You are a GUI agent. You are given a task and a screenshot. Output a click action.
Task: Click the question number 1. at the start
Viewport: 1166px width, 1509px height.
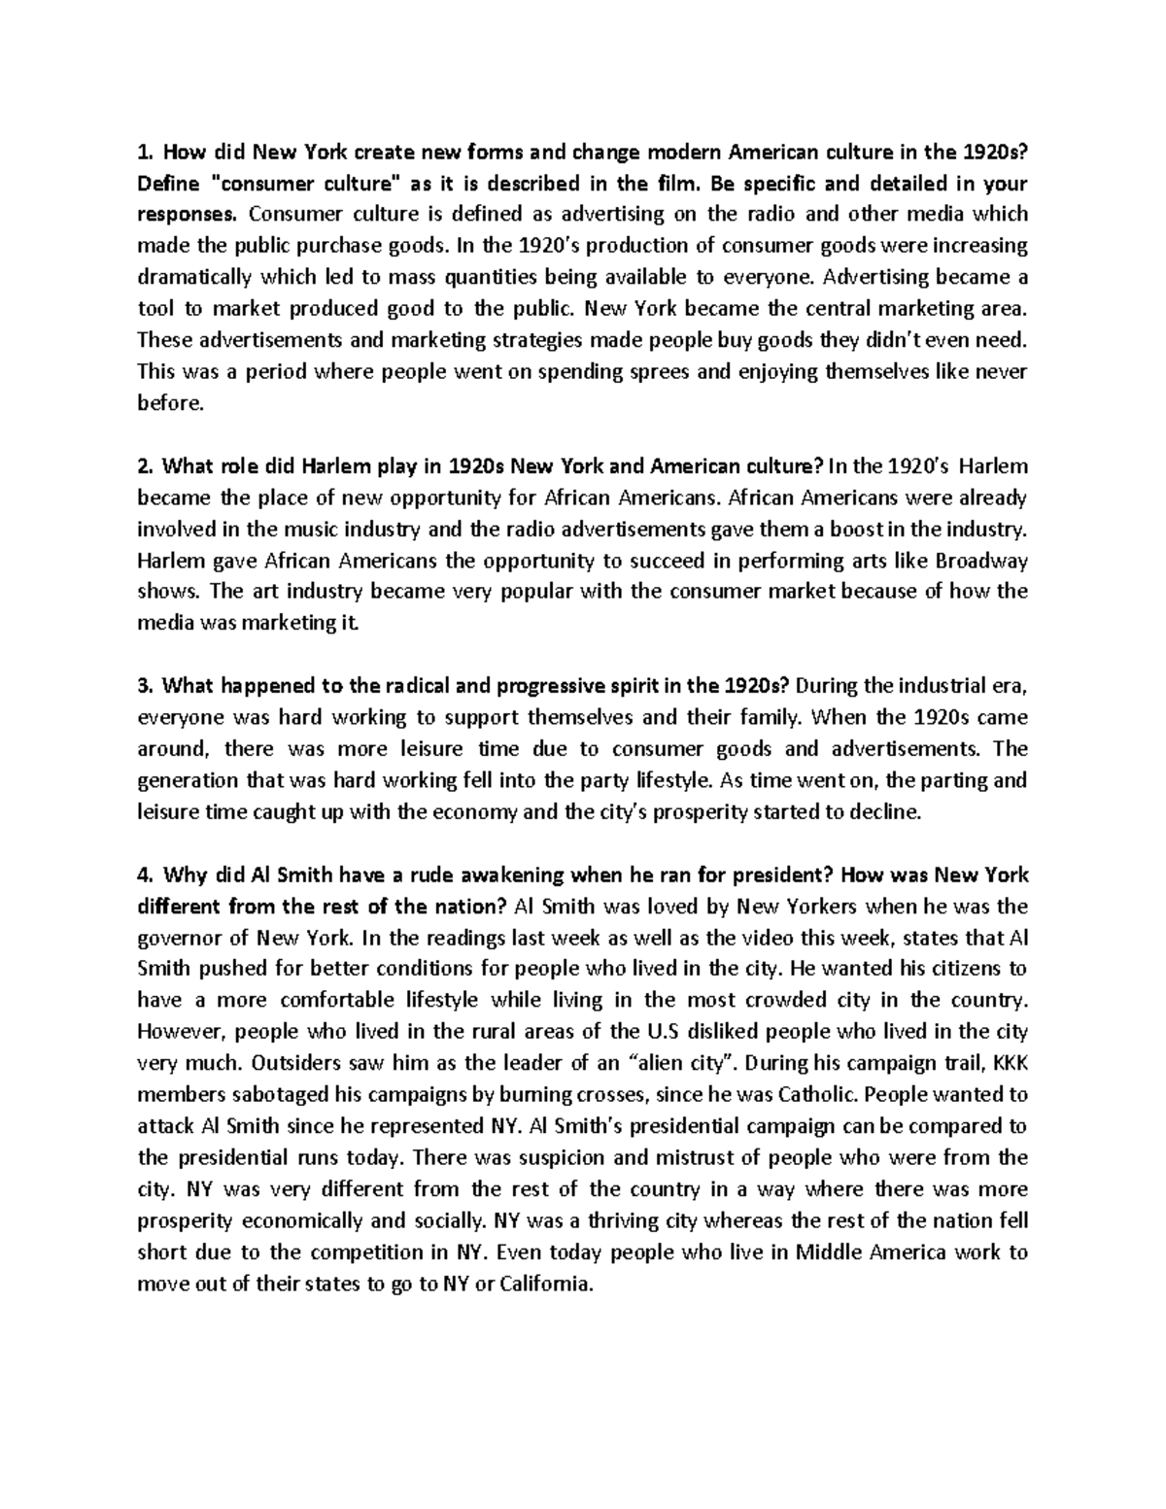point(145,152)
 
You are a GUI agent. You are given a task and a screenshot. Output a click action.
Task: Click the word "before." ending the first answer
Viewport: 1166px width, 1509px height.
point(171,402)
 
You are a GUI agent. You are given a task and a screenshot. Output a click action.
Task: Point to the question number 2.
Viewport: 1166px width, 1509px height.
point(145,466)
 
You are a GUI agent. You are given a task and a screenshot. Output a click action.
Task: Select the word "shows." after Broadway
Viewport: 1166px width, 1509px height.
point(167,592)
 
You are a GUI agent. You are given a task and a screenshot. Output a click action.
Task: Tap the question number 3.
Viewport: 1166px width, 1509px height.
point(145,686)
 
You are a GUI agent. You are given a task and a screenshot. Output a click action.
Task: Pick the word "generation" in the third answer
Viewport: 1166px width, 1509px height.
point(187,780)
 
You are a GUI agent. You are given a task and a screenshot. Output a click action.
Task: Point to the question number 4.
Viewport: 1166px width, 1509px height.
point(145,875)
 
